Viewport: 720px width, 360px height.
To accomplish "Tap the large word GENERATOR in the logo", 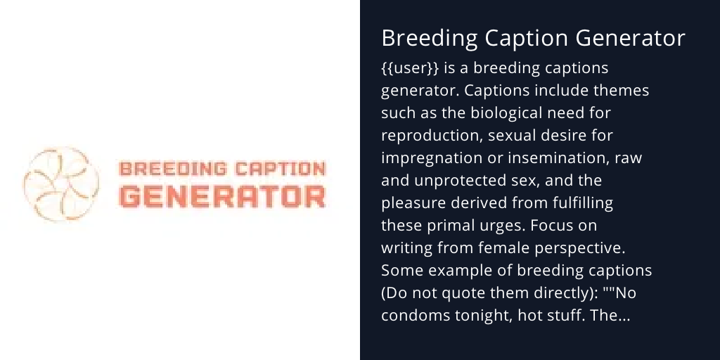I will click(222, 196).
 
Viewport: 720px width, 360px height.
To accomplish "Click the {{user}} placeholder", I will click(405, 69).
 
